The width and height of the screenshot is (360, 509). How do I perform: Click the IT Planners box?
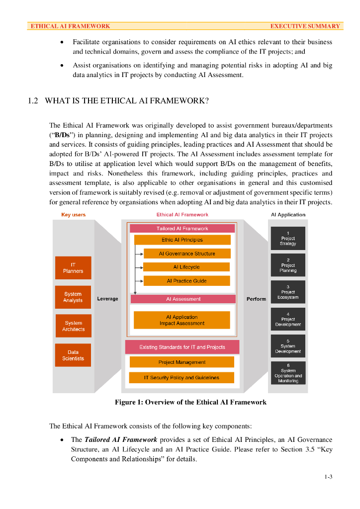pyautogui.click(x=73, y=267)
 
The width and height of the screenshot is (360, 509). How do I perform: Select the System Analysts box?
pyautogui.click(x=73, y=297)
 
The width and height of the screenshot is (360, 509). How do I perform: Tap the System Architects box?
pyautogui.click(x=73, y=326)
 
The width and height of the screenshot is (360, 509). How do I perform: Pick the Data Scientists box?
pyautogui.click(x=73, y=355)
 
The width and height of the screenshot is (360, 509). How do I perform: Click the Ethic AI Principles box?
pyautogui.click(x=182, y=240)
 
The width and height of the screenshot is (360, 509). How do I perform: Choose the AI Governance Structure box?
pyautogui.click(x=187, y=254)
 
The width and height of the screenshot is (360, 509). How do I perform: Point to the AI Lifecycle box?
pyautogui.click(x=186, y=267)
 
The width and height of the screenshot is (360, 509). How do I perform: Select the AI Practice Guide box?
pyautogui.click(x=186, y=281)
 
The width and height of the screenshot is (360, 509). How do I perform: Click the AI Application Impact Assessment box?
pyautogui.click(x=182, y=320)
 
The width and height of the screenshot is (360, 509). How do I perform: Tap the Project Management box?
pyautogui.click(x=181, y=362)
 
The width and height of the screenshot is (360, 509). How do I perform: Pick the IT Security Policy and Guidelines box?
pyautogui.click(x=181, y=378)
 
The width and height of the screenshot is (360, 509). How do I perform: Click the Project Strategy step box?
pyautogui.click(x=288, y=239)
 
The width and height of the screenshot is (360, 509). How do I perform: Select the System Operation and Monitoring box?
pyautogui.click(x=288, y=373)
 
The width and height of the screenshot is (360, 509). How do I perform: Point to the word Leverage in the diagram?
pyautogui.click(x=107, y=299)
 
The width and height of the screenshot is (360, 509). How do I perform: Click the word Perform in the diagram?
pyautogui.click(x=256, y=299)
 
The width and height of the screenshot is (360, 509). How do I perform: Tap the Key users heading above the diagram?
pyautogui.click(x=73, y=215)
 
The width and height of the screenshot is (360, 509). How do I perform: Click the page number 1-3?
pyautogui.click(x=328, y=477)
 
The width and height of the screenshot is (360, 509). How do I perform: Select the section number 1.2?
pyautogui.click(x=33, y=101)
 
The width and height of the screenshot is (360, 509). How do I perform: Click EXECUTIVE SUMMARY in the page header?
pyautogui.click(x=305, y=26)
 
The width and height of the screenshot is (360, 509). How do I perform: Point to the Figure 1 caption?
pyautogui.click(x=190, y=402)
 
